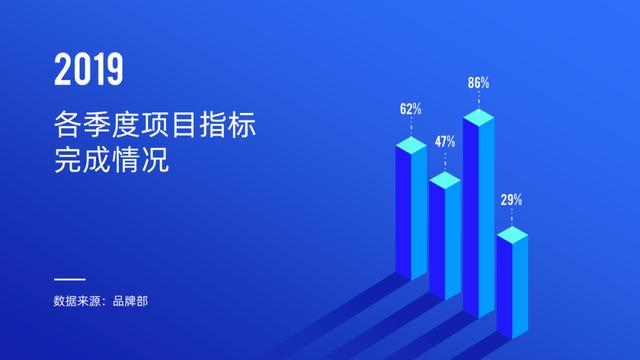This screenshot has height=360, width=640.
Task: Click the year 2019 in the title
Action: coord(89,69)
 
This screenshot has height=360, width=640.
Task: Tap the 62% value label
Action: coord(410,108)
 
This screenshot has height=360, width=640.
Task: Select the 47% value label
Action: coord(444,141)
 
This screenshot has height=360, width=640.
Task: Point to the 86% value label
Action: coord(478,83)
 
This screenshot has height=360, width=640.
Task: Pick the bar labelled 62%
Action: coord(410,215)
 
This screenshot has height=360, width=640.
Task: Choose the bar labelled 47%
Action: coord(444,240)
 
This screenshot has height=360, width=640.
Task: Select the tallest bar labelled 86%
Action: coord(478,220)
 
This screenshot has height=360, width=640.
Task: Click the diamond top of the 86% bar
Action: coord(478,118)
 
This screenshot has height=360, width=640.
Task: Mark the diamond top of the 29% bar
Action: coord(511,235)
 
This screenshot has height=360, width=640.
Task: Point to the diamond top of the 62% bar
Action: coord(410,144)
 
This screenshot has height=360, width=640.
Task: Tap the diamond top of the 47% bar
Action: coord(444,179)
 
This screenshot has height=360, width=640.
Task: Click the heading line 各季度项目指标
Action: coord(156,126)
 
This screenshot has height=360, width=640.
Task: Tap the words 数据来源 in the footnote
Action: coord(78,301)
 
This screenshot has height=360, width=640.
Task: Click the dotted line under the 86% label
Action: coord(478,100)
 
